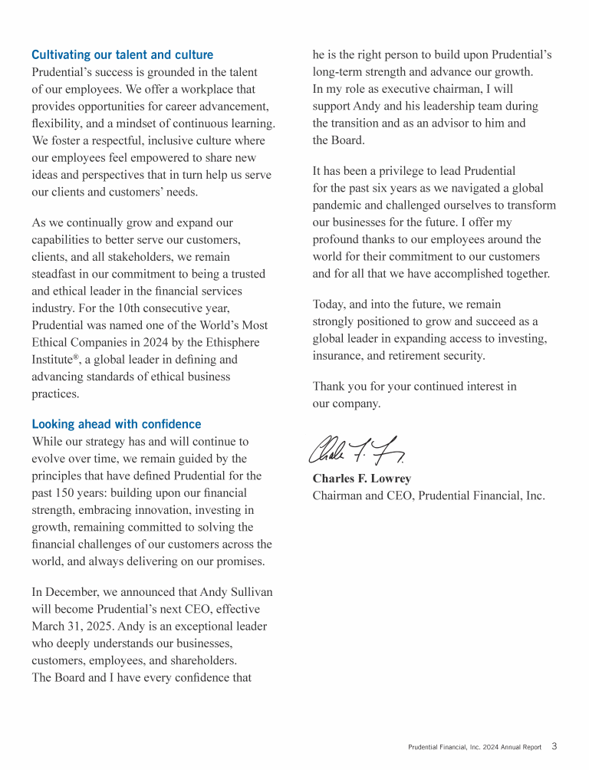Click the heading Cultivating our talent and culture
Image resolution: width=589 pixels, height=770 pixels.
123,55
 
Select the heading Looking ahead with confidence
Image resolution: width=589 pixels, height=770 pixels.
117,424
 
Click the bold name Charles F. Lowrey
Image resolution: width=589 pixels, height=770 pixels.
362,479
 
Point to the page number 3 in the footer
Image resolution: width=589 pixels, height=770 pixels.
554,746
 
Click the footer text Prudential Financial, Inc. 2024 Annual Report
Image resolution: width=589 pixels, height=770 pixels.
474,747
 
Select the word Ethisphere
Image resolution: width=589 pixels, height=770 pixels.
233,342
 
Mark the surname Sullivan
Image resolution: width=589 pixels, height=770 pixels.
247,592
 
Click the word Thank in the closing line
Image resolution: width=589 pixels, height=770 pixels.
330,387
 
